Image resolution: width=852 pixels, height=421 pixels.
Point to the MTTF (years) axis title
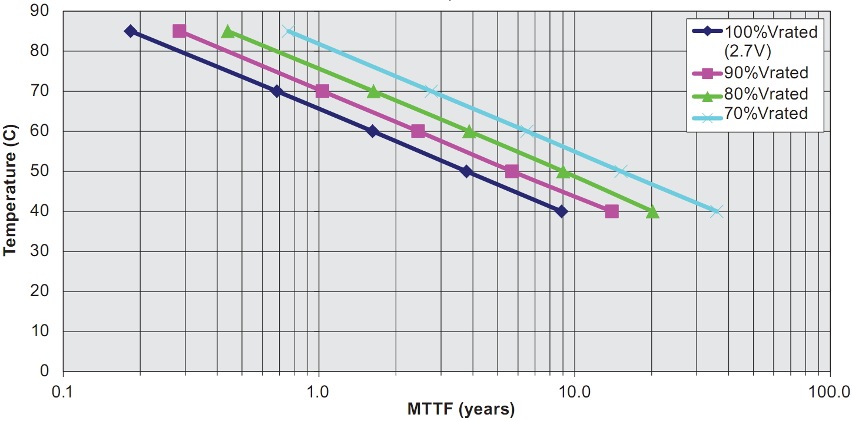(x=460, y=409)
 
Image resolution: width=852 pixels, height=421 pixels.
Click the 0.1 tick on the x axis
(x=62, y=390)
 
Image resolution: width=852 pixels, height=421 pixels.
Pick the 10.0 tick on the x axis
(x=574, y=390)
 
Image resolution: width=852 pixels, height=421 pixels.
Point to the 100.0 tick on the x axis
(x=830, y=390)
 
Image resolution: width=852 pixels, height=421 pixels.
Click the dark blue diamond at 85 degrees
(x=131, y=31)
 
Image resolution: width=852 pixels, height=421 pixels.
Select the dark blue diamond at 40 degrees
(x=562, y=211)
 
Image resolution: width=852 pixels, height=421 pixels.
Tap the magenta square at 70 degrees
(x=322, y=91)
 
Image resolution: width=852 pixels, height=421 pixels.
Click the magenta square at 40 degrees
(x=612, y=211)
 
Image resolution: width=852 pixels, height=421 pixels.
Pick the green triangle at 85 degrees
(x=228, y=31)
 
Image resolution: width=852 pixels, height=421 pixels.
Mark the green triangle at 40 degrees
(x=652, y=211)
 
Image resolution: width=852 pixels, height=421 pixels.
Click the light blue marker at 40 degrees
(x=716, y=211)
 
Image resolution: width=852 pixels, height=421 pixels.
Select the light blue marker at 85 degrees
(x=288, y=31)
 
